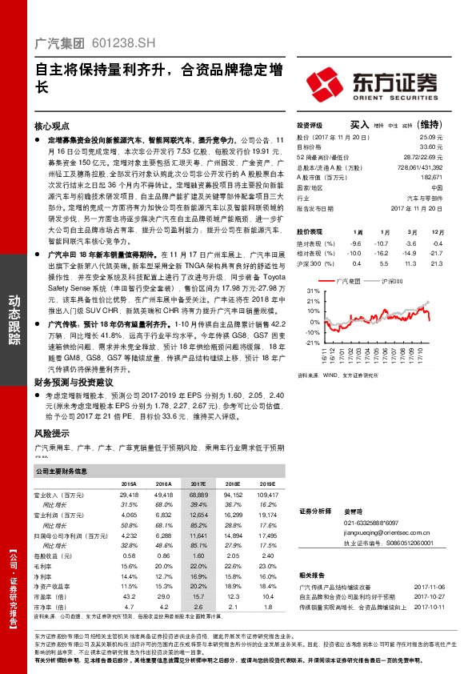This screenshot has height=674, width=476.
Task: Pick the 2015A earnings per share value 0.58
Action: click(x=129, y=555)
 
